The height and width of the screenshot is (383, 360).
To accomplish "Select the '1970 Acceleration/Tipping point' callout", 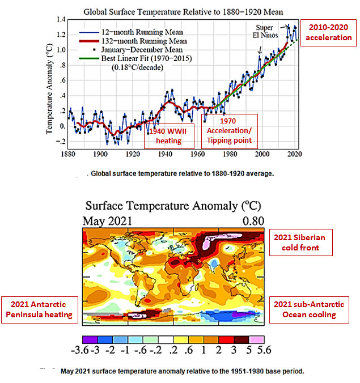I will pos(229,131).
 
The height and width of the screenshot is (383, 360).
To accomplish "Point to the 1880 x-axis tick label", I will pos(68,154).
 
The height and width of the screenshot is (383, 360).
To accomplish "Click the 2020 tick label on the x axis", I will pos(294,154).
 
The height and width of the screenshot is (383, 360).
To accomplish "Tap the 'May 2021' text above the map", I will pos(107,220).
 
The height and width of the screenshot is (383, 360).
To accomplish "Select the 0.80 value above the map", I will pos(252,220).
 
